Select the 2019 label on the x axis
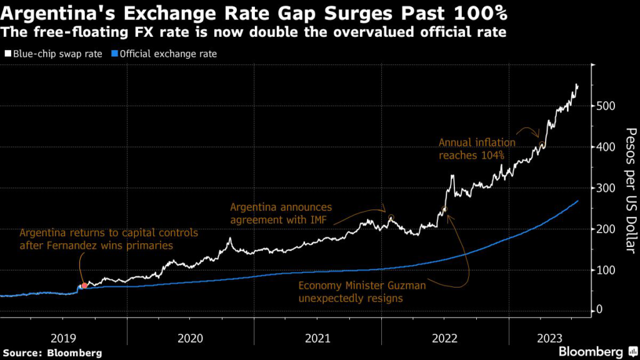[x=63, y=339]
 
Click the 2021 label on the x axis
[x=317, y=339]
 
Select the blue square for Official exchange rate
[x=115, y=54]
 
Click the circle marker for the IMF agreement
[x=391, y=218]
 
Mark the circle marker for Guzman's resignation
[x=444, y=209]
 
